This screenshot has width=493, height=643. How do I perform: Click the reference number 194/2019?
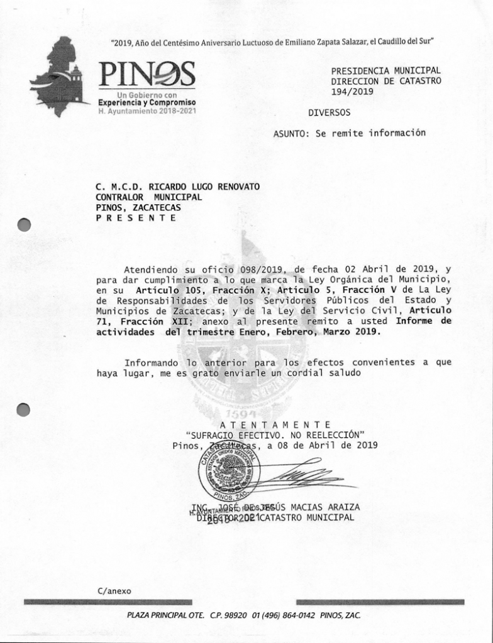tap(352, 92)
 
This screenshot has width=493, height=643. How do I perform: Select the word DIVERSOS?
tap(330, 113)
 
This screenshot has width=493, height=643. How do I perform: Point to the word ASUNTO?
tap(291, 133)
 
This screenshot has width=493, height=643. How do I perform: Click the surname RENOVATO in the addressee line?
tap(230, 186)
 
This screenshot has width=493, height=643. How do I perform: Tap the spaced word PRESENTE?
tap(136, 218)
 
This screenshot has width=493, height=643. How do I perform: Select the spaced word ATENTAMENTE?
tap(275, 425)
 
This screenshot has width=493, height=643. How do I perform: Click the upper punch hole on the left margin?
tap(24, 225)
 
